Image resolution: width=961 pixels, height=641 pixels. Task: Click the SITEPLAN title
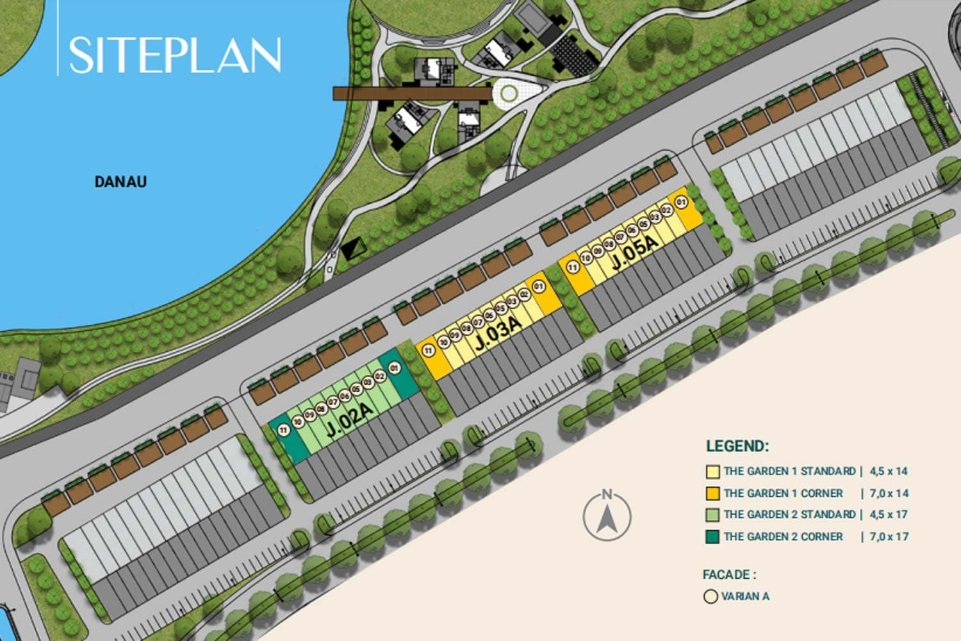point(174,55)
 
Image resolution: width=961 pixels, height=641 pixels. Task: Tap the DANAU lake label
point(120,182)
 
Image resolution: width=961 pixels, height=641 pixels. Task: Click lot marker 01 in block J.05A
point(682,203)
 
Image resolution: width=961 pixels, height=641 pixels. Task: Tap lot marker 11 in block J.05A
point(573,267)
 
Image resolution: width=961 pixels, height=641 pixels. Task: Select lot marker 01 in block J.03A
point(538,287)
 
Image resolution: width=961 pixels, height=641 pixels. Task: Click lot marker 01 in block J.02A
point(394,368)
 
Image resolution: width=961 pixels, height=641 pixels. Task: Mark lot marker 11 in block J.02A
point(284,431)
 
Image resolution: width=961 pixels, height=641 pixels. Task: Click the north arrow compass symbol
point(607,516)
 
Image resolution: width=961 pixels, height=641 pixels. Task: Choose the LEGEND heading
point(737,446)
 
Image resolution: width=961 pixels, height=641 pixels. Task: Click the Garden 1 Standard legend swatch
point(712,472)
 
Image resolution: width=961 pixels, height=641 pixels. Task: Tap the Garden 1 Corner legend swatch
point(712,494)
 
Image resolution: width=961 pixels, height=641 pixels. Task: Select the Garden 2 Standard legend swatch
point(712,515)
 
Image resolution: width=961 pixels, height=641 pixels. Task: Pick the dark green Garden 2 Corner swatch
point(712,537)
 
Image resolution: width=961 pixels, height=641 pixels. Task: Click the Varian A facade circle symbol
point(710,597)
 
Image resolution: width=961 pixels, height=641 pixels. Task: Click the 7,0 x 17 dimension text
point(889,537)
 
